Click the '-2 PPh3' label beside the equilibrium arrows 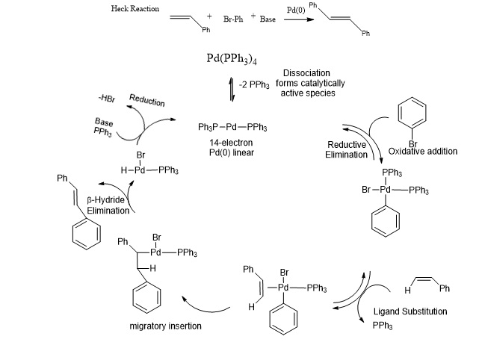point(254,85)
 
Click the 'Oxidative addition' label point(423,152)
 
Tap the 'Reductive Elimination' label point(347,149)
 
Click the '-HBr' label point(107,98)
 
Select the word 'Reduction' point(146,101)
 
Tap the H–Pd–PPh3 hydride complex point(146,171)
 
